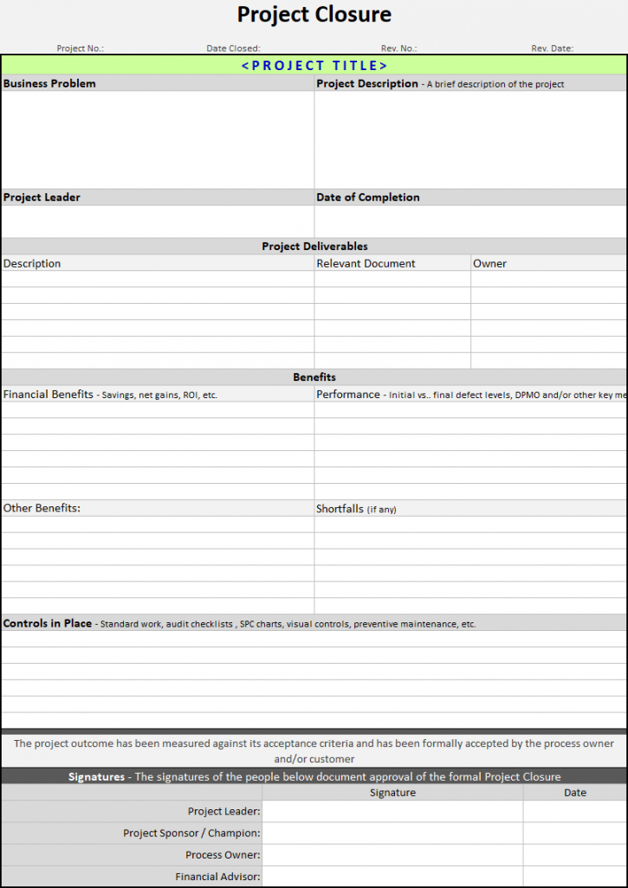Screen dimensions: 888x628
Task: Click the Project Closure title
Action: (x=314, y=15)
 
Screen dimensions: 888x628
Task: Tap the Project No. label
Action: (x=80, y=48)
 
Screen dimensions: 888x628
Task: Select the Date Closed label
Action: (x=233, y=48)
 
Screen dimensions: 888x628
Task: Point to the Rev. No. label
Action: (x=399, y=48)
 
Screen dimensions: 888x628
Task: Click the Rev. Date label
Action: (x=552, y=48)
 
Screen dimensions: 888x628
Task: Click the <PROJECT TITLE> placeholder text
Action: (x=314, y=65)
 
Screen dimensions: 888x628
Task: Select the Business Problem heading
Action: (x=49, y=84)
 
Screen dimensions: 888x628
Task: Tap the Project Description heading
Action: (x=367, y=84)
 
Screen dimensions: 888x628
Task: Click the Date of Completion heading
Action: (x=368, y=197)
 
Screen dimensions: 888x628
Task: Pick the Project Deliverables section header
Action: (x=314, y=247)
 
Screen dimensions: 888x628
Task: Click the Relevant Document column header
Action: (x=366, y=263)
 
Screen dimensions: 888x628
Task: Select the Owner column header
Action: (x=489, y=263)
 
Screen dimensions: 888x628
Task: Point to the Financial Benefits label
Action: (x=49, y=394)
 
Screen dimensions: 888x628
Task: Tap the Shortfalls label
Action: (x=340, y=509)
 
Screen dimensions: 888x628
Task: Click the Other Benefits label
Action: (x=42, y=508)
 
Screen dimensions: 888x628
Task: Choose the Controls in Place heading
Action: (x=48, y=623)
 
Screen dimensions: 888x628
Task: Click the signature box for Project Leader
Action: (x=392, y=811)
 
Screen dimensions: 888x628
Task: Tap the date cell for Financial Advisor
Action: (x=575, y=876)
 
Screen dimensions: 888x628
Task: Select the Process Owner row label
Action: (x=223, y=854)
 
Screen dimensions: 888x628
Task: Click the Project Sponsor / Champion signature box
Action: (x=392, y=833)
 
